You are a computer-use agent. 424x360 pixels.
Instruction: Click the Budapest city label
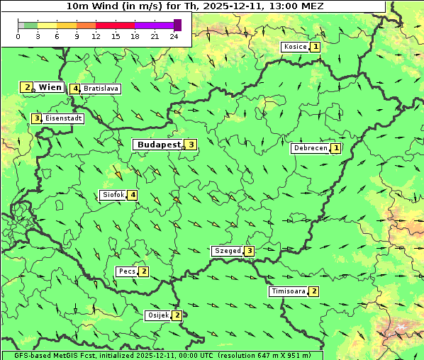(x=158, y=145)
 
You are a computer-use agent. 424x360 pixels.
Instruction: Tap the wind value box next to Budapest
(x=191, y=145)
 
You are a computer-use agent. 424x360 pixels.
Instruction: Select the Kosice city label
(x=294, y=47)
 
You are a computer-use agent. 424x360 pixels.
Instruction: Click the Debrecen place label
(x=310, y=149)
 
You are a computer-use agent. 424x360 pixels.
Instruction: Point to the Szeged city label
(x=227, y=251)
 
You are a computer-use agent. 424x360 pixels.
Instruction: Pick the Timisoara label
(x=287, y=291)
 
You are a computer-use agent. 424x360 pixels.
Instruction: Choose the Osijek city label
(x=157, y=315)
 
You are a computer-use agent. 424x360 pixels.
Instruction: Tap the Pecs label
(x=127, y=271)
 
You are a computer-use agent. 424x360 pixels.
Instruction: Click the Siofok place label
(x=113, y=195)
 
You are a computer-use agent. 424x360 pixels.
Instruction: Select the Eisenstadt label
(x=63, y=118)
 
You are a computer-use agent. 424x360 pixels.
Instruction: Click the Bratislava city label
(x=100, y=89)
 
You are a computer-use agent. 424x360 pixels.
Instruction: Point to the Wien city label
(x=50, y=87)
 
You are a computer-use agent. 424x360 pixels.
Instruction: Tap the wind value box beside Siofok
(x=132, y=195)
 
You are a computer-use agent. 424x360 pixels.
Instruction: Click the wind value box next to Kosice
(x=316, y=47)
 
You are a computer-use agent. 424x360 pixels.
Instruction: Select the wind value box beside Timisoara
(x=314, y=291)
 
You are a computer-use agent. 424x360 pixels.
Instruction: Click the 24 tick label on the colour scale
(x=174, y=36)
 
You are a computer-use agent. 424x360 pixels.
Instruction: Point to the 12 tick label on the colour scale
(x=96, y=36)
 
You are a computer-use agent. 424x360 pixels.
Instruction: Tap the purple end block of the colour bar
(x=177, y=25)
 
